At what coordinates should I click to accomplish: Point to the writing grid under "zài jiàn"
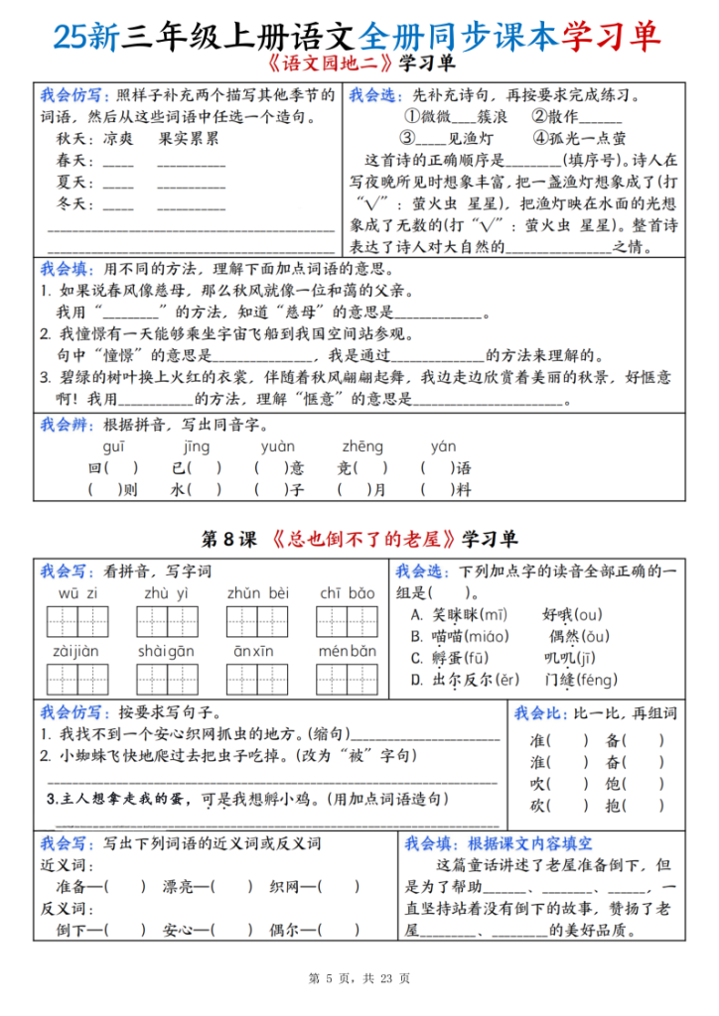[x=77, y=680]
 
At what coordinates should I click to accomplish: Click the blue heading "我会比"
[x=537, y=713]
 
